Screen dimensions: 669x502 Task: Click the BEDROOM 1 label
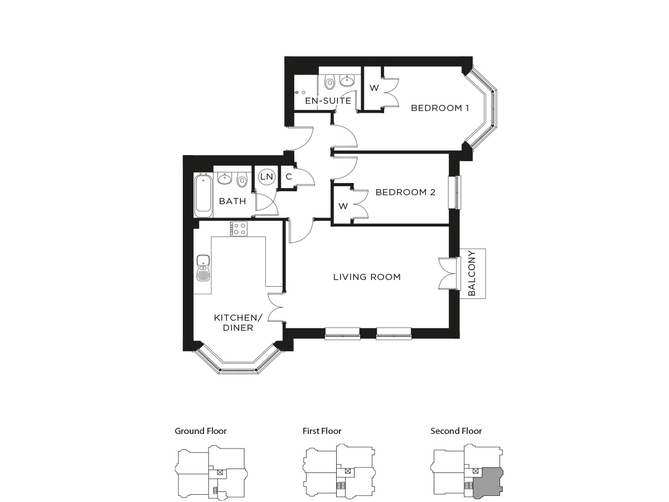click(x=439, y=108)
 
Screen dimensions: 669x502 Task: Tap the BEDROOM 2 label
click(x=405, y=192)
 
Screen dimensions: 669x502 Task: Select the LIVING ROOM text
click(x=367, y=277)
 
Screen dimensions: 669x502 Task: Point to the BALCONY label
click(x=471, y=273)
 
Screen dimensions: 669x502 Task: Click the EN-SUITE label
click(x=328, y=101)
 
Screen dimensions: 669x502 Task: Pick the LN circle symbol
click(x=266, y=176)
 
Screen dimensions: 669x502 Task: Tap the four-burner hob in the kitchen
click(x=239, y=229)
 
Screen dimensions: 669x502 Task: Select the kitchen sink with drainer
click(x=203, y=267)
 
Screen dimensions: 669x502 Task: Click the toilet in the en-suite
click(x=329, y=81)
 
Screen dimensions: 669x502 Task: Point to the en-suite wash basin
click(x=347, y=80)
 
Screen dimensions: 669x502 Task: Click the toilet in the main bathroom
click(x=242, y=180)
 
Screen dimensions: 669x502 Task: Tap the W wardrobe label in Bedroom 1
click(x=374, y=88)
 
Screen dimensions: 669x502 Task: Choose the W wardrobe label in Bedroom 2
click(x=343, y=206)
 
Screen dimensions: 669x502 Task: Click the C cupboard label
click(x=289, y=176)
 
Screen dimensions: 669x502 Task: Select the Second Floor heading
click(x=456, y=431)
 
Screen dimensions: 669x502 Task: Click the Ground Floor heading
click(x=201, y=431)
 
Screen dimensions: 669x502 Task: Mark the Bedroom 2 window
click(x=454, y=192)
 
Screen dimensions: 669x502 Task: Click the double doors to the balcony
click(x=449, y=273)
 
